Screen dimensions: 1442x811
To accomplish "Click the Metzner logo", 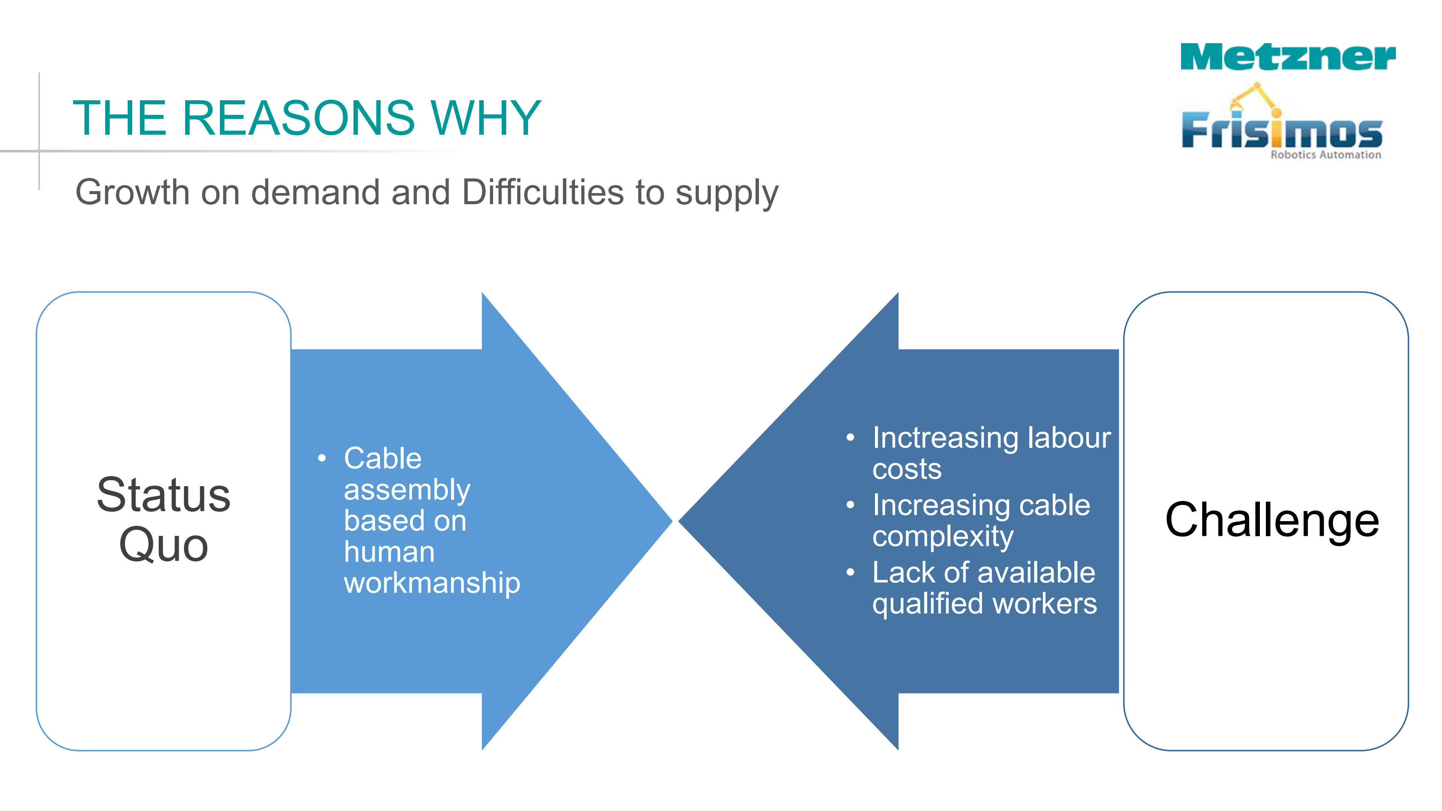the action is (1288, 57).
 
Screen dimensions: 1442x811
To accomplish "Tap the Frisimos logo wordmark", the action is (1282, 130).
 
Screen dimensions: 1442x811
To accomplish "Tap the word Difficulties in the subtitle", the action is (543, 192).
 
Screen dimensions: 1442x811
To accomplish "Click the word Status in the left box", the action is (163, 495).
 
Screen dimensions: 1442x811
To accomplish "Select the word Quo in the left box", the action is (163, 544).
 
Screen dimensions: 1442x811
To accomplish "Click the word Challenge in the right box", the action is (1272, 520).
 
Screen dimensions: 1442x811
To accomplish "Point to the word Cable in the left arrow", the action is (382, 458).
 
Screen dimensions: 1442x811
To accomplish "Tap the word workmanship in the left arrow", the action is (431, 583).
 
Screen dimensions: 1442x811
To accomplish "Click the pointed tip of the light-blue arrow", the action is (672, 521).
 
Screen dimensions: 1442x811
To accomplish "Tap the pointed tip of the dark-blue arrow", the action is (679, 521).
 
